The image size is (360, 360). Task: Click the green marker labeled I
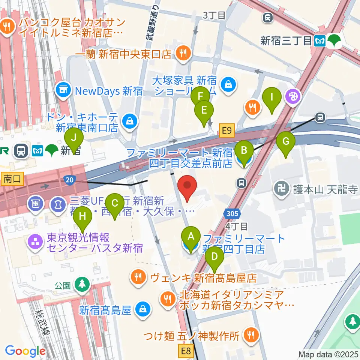coord(272,99)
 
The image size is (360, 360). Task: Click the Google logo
coord(25,351)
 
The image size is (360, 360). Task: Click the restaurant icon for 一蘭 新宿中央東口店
coord(183,55)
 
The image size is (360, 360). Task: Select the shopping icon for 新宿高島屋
coord(142,309)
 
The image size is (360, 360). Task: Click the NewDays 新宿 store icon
coord(63,90)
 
